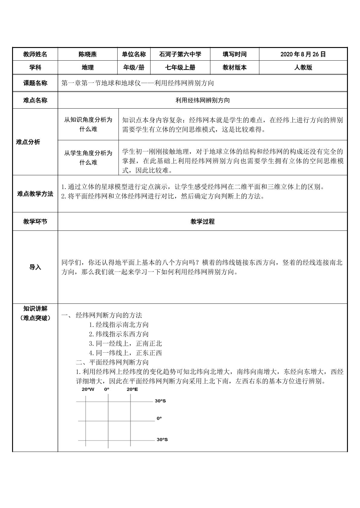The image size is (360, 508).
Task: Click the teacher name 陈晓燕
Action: tap(88, 54)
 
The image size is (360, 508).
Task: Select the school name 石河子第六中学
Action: tap(180, 54)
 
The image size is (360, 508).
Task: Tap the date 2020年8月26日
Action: tap(303, 54)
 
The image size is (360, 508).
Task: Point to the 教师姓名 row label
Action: tap(35, 54)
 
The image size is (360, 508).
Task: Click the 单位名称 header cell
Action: tap(134, 54)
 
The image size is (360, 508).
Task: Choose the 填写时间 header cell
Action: tap(235, 54)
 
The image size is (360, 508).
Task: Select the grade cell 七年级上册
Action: tap(180, 68)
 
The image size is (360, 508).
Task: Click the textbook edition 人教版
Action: tap(303, 68)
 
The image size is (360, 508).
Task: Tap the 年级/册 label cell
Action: tap(134, 68)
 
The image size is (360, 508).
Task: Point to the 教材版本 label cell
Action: tap(235, 68)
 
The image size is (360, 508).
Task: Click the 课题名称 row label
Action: tap(35, 83)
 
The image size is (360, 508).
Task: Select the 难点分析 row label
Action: tap(28, 142)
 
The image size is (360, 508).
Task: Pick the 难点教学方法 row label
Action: tap(35, 194)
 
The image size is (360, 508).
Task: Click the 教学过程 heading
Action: tap(203, 221)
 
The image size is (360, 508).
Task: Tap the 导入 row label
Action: tap(35, 267)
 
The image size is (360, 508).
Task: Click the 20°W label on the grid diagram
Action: tap(88, 389)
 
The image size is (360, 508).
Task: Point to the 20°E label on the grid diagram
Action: tap(132, 389)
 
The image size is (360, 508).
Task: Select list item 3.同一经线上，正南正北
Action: tap(125, 343)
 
